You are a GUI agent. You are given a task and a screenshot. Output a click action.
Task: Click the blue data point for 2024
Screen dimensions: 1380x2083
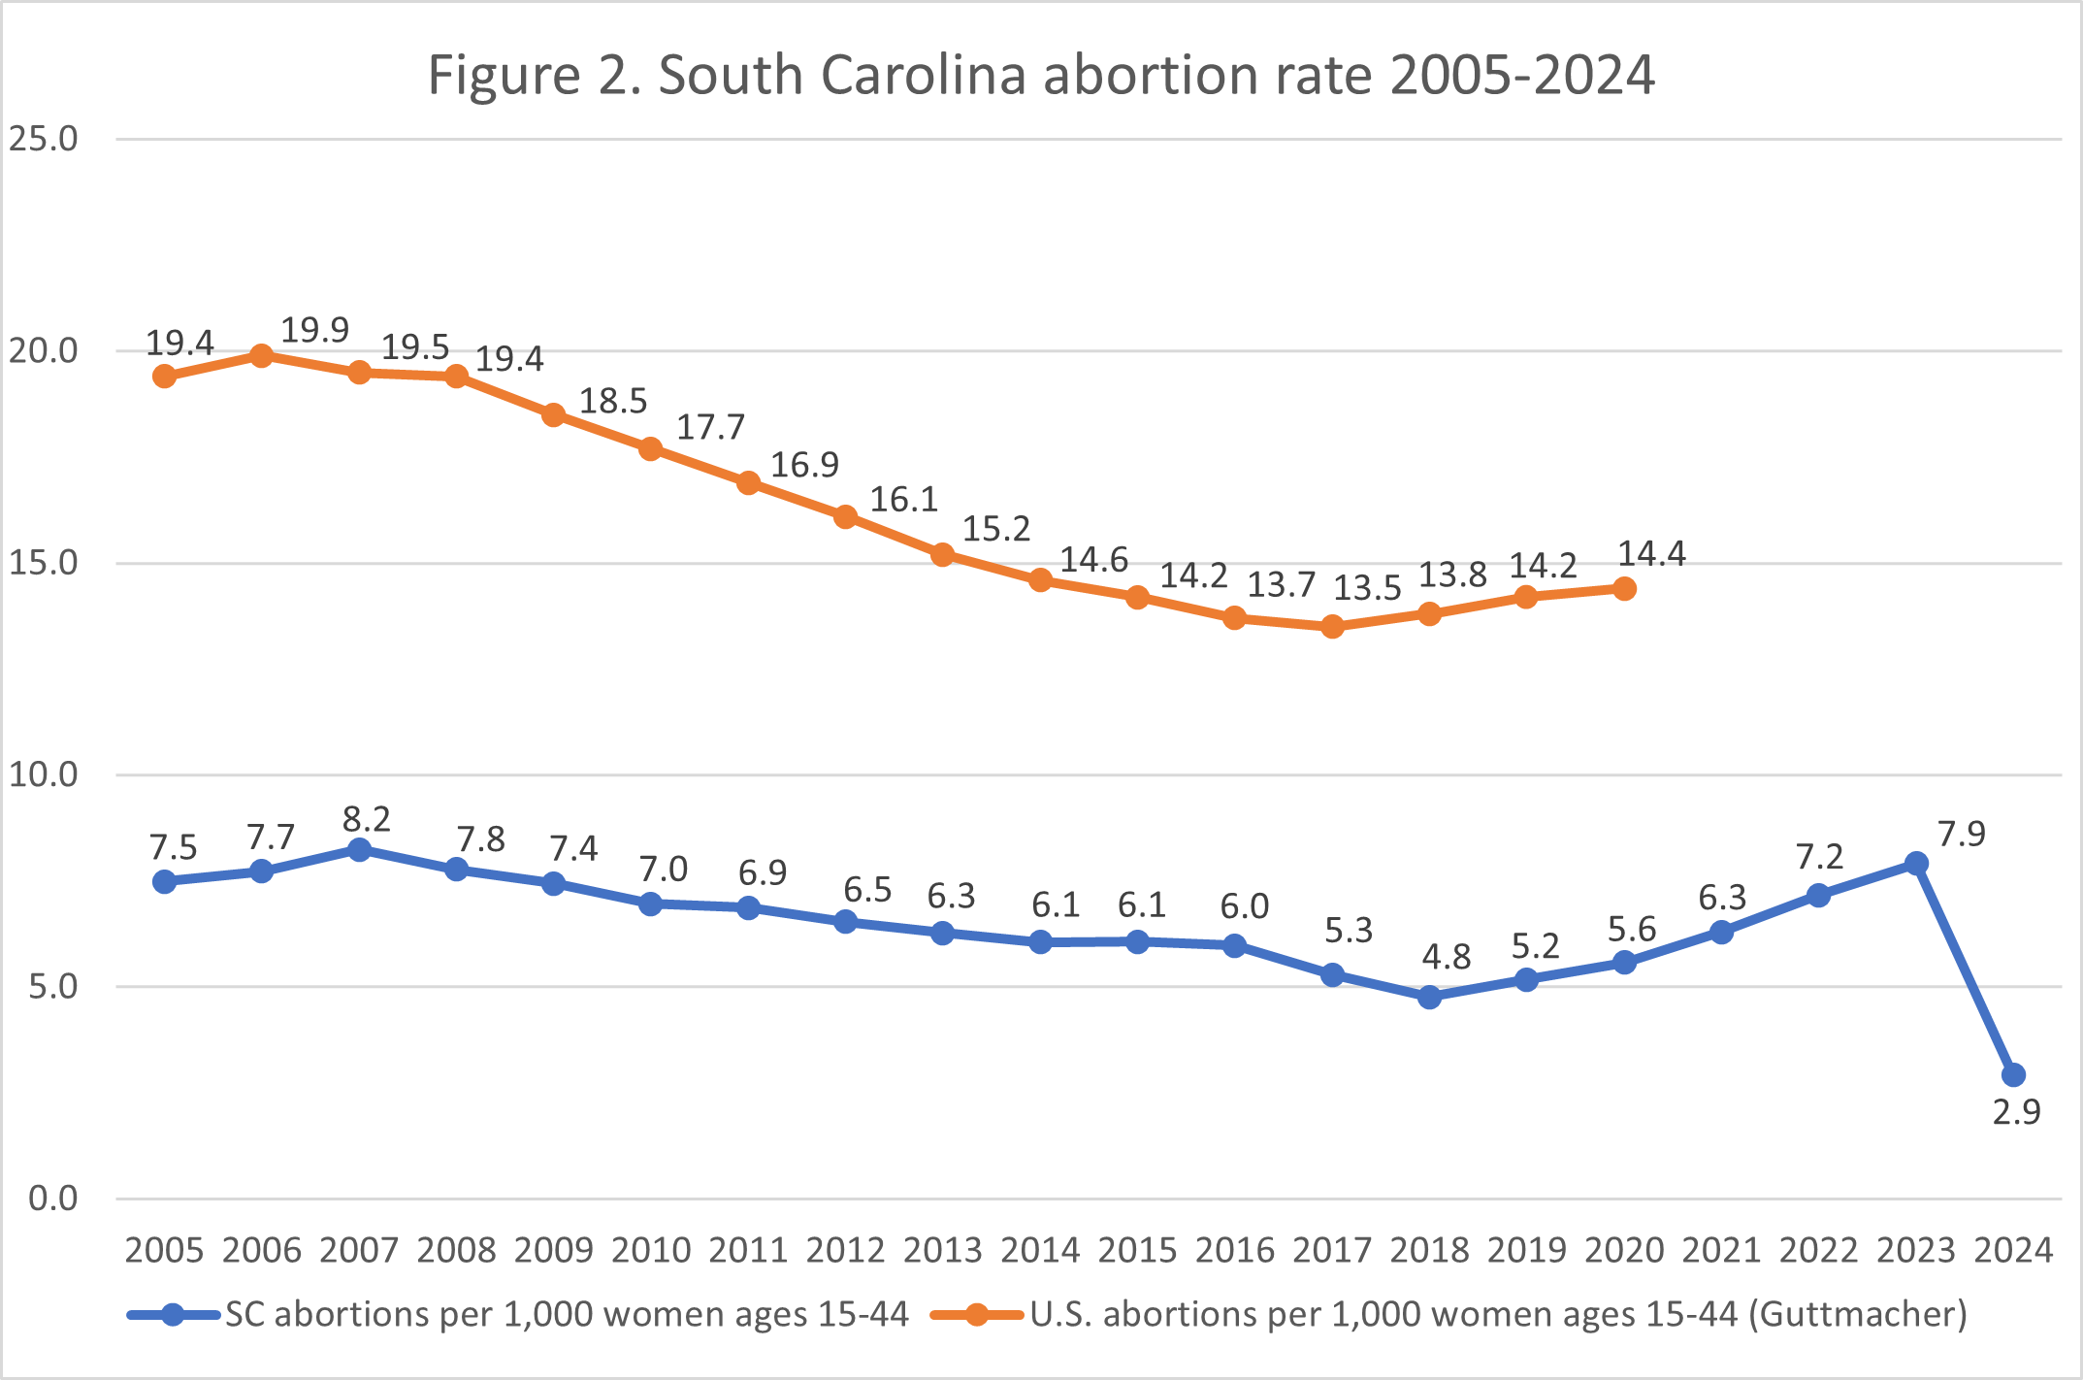tap(2013, 1074)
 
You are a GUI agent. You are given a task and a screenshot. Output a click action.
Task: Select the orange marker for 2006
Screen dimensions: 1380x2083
tap(262, 355)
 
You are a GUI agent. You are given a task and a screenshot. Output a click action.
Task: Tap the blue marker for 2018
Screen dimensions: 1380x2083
tap(1429, 997)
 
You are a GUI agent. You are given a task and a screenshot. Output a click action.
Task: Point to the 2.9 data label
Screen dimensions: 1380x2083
tap(2016, 1112)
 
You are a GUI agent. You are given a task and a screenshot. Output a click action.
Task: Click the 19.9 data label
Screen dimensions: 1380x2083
tap(314, 331)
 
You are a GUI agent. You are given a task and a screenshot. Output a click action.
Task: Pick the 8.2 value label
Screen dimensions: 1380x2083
tap(366, 820)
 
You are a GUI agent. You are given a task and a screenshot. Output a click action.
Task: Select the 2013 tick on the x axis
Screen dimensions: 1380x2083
tap(942, 1250)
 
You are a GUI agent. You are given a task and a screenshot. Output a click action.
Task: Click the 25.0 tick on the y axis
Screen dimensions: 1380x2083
tap(44, 140)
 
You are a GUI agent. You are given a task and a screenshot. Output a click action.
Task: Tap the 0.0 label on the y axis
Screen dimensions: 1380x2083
tap(52, 1199)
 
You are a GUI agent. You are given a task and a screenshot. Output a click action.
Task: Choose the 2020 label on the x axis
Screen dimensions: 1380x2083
tap(1624, 1250)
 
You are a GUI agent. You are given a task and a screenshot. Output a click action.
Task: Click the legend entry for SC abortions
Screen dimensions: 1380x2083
tap(567, 1315)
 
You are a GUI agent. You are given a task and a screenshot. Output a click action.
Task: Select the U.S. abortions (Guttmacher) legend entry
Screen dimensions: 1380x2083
tap(1498, 1315)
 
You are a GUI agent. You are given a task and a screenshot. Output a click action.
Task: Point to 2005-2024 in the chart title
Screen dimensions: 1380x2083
tap(1522, 75)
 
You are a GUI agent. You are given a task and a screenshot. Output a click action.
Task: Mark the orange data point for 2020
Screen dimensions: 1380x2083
tap(1624, 589)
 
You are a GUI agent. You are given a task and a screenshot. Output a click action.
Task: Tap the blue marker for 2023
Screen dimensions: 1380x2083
tap(1916, 863)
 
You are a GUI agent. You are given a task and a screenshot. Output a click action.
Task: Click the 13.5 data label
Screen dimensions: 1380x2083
tap(1367, 588)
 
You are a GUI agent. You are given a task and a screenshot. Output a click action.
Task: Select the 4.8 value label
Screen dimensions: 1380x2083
tap(1446, 958)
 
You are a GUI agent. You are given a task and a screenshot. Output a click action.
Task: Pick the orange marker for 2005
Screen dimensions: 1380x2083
tap(165, 376)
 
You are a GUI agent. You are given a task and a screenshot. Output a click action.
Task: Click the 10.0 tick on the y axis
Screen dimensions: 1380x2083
tap(44, 774)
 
